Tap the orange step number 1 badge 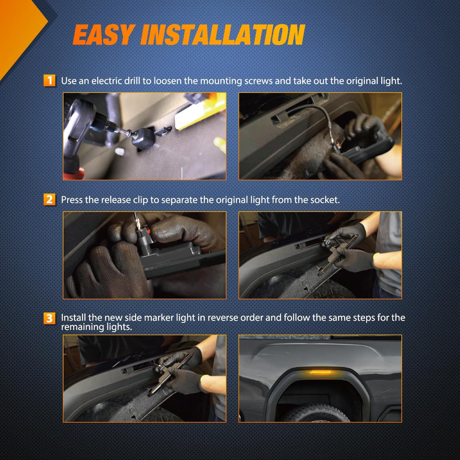[x=49, y=80]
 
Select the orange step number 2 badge [x=49, y=200]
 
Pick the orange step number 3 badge [x=49, y=318]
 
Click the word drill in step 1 [x=132, y=80]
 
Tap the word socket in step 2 [x=325, y=200]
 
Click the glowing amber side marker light [x=320, y=373]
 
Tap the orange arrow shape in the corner [x=19, y=32]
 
